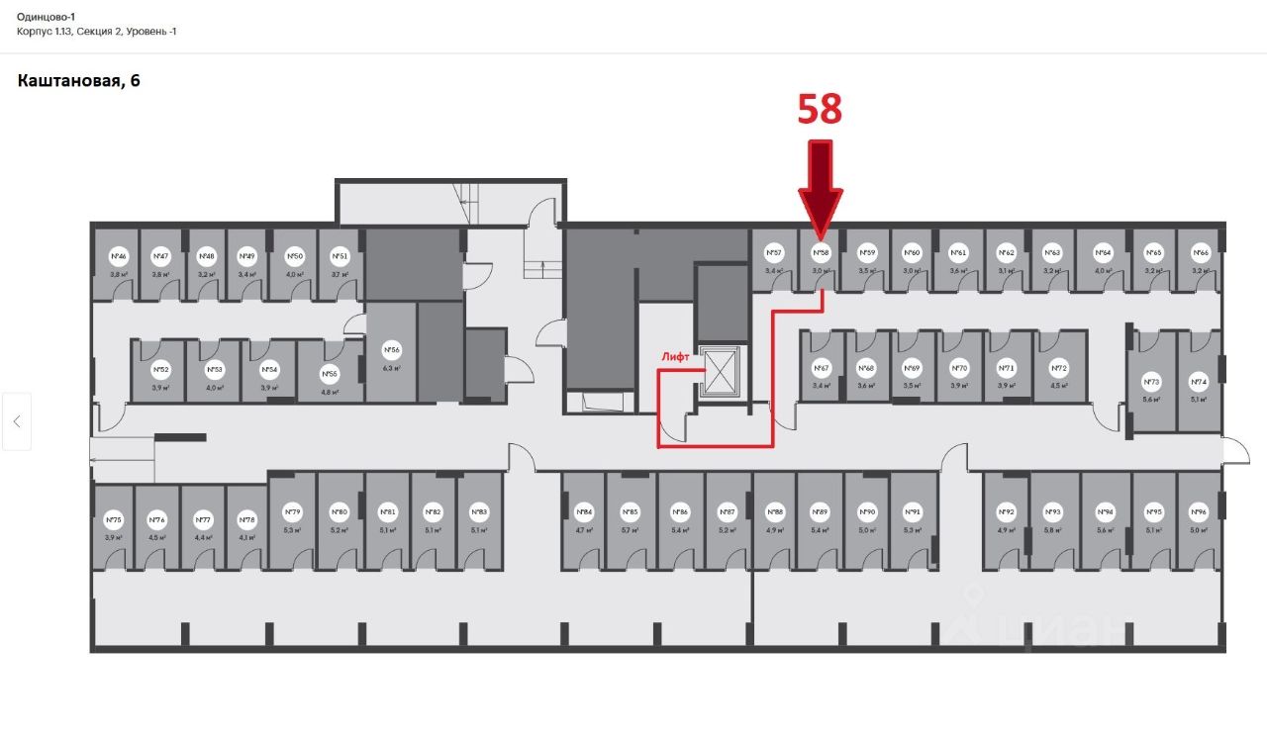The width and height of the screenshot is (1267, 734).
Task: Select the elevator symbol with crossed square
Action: pos(720,372)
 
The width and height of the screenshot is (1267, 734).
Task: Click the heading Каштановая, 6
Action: pos(79,81)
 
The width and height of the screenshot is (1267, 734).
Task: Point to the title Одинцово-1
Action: pos(47,17)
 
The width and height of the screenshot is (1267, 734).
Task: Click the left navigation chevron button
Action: pos(17,420)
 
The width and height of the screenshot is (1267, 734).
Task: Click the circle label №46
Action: pos(119,255)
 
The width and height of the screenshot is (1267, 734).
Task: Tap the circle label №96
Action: pos(1200,511)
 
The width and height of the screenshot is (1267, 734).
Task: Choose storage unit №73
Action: pos(1151,382)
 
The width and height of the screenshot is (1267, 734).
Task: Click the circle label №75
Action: pos(114,519)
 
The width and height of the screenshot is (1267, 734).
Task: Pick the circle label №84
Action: pos(585,511)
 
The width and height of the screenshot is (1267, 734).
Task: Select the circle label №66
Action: pos(1201,252)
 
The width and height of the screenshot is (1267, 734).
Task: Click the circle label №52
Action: pos(160,370)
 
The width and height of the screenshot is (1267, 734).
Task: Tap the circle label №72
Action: pos(1057,367)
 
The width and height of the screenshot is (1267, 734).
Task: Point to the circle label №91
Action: pos(913,511)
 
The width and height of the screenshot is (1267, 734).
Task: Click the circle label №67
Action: pos(822,367)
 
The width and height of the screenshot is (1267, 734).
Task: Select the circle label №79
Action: pos(293,511)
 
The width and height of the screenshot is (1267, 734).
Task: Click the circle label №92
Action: pos(1006,511)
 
